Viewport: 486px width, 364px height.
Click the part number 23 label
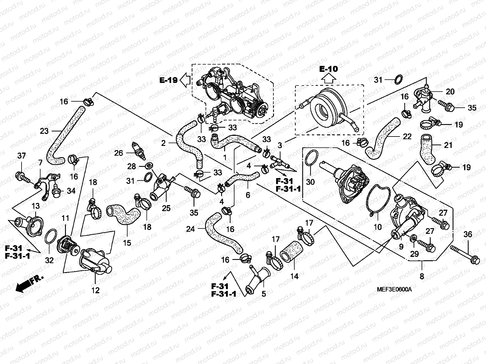[44, 131]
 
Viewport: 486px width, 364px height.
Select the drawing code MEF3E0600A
[394, 290]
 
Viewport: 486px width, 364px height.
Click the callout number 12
[95, 290]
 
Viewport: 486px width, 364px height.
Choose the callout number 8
[422, 276]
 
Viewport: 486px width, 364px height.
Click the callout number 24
[190, 229]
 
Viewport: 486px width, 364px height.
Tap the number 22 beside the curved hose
[407, 136]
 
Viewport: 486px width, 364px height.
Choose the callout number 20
[450, 92]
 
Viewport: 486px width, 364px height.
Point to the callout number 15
[127, 243]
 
